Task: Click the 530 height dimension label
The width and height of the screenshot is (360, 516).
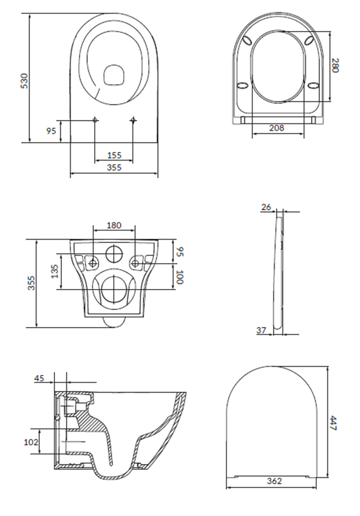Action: (x=25, y=80)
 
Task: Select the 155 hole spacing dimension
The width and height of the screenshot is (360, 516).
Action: (x=114, y=155)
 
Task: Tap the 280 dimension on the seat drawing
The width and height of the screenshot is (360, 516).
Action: (x=335, y=66)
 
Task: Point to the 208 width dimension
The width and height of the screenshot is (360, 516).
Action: (x=278, y=128)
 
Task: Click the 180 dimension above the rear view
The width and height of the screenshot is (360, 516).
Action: (x=114, y=225)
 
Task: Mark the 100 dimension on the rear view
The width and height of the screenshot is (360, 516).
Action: (x=180, y=277)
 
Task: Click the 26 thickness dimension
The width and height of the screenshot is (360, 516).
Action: (x=266, y=207)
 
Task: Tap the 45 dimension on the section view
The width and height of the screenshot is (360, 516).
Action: (x=39, y=378)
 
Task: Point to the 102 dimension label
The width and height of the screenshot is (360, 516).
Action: (x=31, y=442)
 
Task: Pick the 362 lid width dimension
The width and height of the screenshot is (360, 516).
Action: (x=274, y=481)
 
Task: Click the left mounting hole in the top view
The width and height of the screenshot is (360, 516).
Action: (x=95, y=121)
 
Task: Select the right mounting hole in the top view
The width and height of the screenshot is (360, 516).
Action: (x=133, y=121)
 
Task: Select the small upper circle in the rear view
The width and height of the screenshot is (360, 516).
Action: (x=114, y=253)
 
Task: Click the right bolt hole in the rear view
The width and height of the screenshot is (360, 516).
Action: (x=135, y=264)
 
